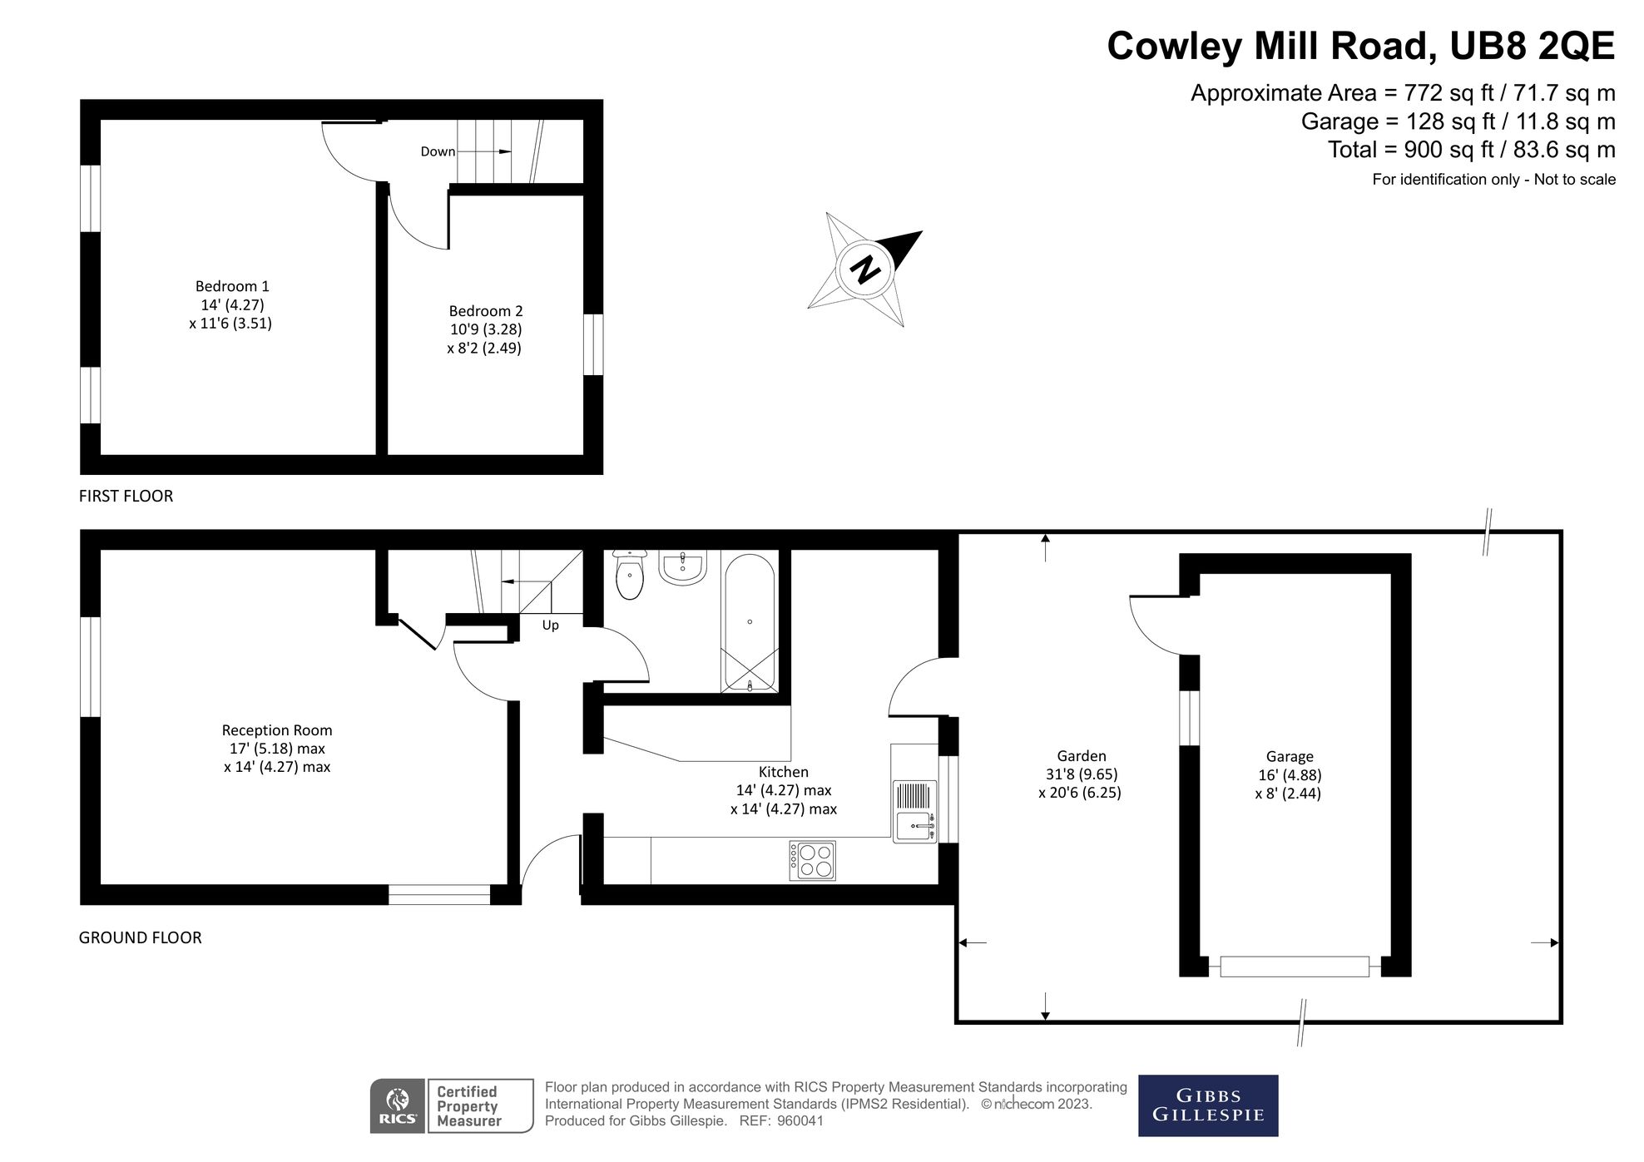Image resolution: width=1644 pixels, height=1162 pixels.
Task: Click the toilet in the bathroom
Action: (x=630, y=576)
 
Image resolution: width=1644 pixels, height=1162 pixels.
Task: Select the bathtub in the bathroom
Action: (x=750, y=622)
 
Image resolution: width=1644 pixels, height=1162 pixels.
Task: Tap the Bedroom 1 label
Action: (x=232, y=286)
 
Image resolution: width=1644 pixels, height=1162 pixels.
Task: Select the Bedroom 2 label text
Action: (x=486, y=311)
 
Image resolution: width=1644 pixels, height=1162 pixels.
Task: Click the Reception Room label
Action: (x=277, y=730)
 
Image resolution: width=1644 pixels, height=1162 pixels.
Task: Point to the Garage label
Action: (x=1290, y=756)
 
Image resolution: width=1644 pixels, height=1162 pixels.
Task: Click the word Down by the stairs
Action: (x=438, y=151)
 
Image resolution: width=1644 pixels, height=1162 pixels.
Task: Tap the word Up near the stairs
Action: (x=550, y=626)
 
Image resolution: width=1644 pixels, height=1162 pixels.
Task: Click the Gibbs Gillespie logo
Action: (x=1207, y=1105)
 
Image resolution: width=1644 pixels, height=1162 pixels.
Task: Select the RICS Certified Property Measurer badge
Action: (x=452, y=1105)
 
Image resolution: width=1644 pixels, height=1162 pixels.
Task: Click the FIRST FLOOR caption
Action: (x=126, y=496)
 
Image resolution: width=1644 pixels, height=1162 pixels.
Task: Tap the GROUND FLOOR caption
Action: (x=140, y=937)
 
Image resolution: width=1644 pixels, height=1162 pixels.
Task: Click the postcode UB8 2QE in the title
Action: (x=1532, y=46)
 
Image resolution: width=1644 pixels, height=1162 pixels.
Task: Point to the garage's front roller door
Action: (x=1294, y=967)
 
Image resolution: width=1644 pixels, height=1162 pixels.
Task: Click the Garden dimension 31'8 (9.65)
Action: (x=1082, y=774)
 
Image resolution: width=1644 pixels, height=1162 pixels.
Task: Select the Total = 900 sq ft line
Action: (x=1471, y=150)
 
